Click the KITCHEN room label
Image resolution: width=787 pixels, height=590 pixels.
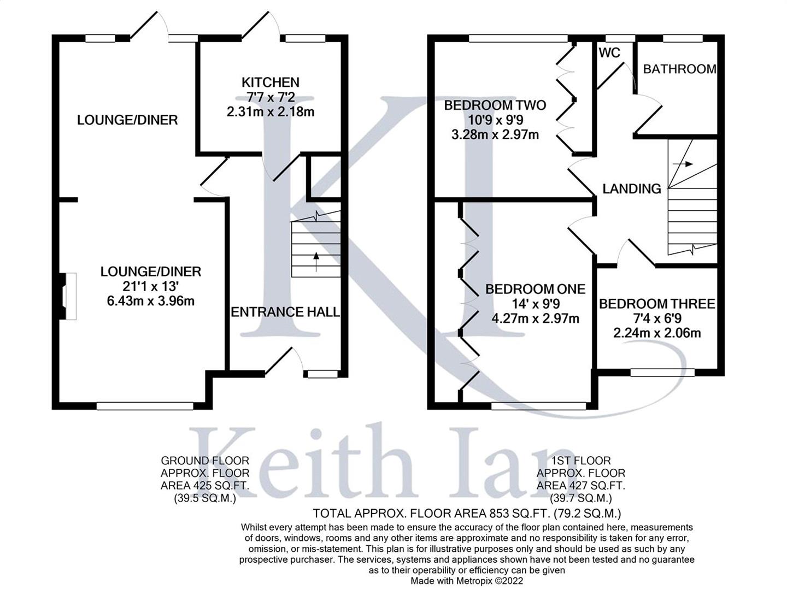[x=271, y=82]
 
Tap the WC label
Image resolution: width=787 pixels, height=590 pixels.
[x=609, y=53]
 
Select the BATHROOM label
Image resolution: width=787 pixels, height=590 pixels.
[x=680, y=69]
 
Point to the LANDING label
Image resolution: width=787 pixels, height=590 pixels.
[x=632, y=188]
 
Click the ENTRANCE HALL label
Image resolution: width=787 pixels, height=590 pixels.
[x=285, y=312]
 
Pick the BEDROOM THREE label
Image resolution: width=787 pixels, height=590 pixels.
[x=657, y=304]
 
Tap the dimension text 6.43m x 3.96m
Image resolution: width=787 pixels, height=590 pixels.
[x=151, y=301]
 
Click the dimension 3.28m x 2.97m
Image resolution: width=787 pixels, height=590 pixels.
[x=495, y=135]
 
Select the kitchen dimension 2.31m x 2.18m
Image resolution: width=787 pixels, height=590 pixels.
[x=271, y=112]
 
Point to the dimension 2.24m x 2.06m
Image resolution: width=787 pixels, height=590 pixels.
[x=657, y=333]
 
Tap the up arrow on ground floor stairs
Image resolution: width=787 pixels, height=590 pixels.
[x=316, y=262]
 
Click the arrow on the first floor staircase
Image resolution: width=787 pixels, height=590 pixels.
[x=683, y=164]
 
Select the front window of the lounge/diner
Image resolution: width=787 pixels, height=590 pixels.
[x=145, y=406]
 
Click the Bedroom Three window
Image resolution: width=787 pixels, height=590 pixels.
[x=662, y=373]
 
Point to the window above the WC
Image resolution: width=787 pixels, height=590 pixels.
[x=620, y=38]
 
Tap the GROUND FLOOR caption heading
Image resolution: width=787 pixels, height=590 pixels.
[x=205, y=461]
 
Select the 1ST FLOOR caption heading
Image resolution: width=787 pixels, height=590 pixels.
[x=581, y=461]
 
